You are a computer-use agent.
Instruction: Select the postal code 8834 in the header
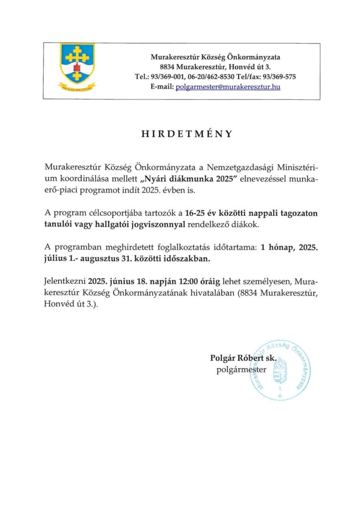coord(169,67)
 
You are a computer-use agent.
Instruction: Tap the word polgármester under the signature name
coord(242,370)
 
